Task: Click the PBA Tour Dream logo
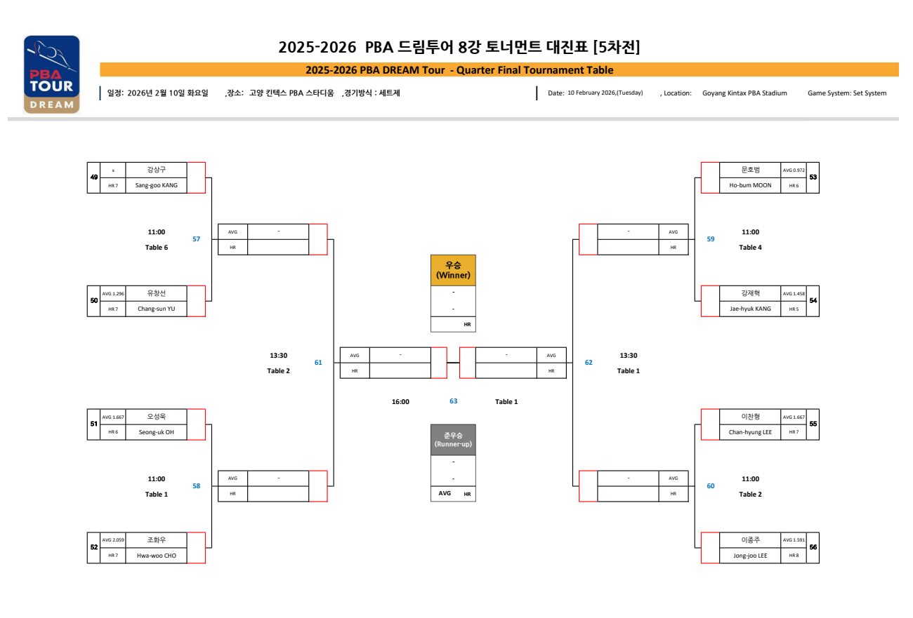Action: click(x=52, y=74)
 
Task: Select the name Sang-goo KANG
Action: click(x=157, y=186)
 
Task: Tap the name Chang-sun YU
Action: click(x=157, y=309)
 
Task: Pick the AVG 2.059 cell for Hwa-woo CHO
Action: click(x=113, y=540)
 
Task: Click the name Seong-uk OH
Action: click(x=157, y=432)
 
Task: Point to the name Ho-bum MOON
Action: click(x=750, y=186)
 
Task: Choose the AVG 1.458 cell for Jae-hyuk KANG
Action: click(x=794, y=293)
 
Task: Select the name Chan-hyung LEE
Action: click(x=750, y=432)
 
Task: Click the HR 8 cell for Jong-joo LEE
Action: click(x=794, y=556)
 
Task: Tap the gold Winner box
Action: click(x=453, y=270)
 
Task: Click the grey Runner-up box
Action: click(x=453, y=440)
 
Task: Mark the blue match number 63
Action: click(x=454, y=401)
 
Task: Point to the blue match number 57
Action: click(x=197, y=239)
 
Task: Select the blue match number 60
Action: click(x=711, y=486)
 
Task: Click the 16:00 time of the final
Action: click(x=400, y=402)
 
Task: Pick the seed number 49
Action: click(x=94, y=177)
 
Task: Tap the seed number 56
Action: click(x=813, y=548)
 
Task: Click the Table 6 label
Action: click(x=157, y=248)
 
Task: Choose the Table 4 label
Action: click(x=750, y=248)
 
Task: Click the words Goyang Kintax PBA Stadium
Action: click(x=744, y=93)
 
